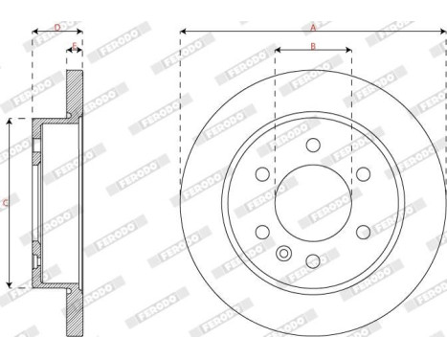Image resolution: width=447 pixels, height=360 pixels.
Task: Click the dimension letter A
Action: pos(312,28)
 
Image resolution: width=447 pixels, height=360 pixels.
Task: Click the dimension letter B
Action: pos(312,46)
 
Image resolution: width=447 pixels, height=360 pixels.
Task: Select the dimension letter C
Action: pos(7,202)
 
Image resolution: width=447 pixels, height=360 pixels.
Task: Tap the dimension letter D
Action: pos(56,27)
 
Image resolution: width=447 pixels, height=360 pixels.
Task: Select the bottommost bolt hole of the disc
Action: pos(312,260)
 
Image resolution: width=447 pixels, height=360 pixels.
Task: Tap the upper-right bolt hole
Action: pos(363,173)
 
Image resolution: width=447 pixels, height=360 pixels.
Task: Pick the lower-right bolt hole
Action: pos(363,232)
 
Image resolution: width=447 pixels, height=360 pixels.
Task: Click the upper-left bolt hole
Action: pos(261,173)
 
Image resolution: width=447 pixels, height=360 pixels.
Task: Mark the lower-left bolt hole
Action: pos(261,232)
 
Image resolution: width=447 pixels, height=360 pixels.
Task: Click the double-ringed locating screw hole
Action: pos(283,253)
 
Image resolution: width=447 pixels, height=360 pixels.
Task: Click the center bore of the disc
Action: pos(312,202)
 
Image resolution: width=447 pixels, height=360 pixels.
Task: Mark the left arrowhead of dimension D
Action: pos(35,33)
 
